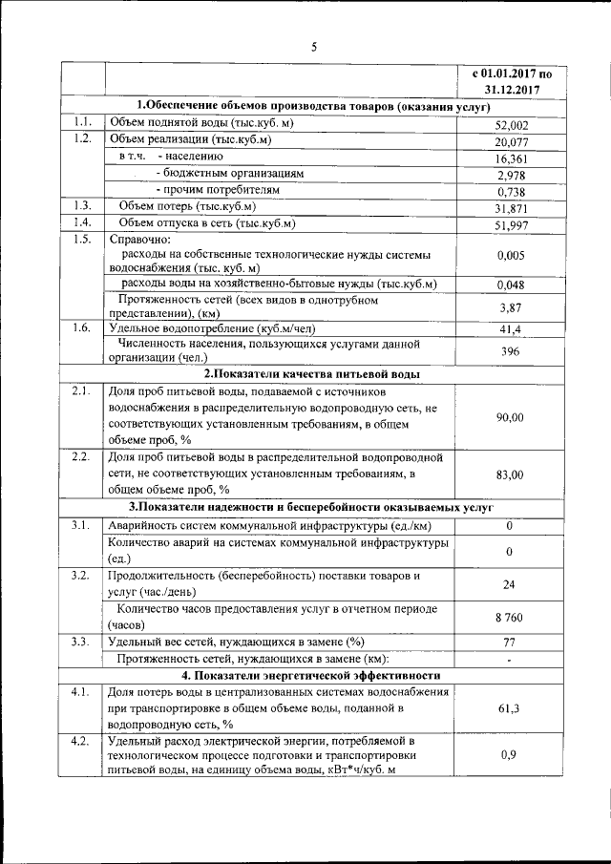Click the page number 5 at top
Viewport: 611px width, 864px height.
pyautogui.click(x=313, y=46)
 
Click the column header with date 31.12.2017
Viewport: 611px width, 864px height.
pyautogui.click(x=511, y=91)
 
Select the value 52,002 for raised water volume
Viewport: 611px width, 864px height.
pyautogui.click(x=511, y=125)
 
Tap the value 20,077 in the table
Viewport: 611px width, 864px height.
pyautogui.click(x=511, y=142)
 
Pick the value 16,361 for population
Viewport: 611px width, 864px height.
pyautogui.click(x=511, y=159)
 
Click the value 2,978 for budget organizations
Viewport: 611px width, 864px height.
pyautogui.click(x=511, y=177)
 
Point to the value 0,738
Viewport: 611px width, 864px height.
pyautogui.click(x=511, y=193)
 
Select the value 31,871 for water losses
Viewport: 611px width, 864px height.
pyautogui.click(x=511, y=209)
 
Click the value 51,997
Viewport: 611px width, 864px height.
pyautogui.click(x=511, y=225)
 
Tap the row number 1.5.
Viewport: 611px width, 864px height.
pyautogui.click(x=81, y=239)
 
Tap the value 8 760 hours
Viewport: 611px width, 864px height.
pyautogui.click(x=509, y=618)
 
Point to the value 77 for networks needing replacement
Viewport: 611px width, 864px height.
pyautogui.click(x=509, y=642)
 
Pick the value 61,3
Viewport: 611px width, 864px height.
pyautogui.click(x=509, y=708)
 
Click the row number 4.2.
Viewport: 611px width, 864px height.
pyautogui.click(x=81, y=740)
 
